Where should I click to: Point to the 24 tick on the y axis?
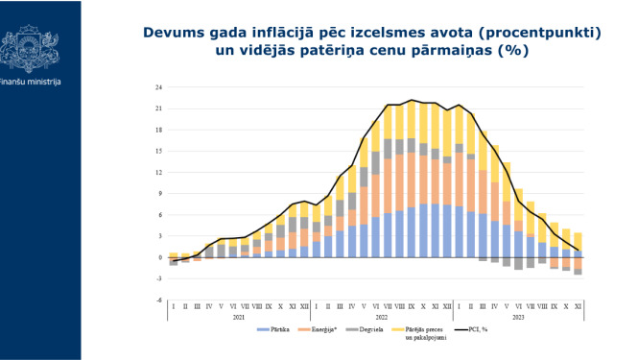[158, 88]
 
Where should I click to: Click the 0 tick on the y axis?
[160, 257]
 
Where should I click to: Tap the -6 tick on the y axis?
[159, 300]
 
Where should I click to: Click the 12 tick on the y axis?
[158, 173]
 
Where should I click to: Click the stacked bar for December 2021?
[304, 230]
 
